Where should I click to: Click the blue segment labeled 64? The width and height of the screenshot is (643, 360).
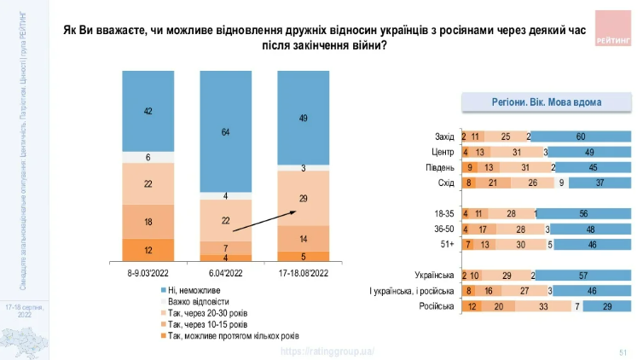[225, 132]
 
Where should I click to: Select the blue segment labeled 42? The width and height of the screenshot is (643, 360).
[148, 111]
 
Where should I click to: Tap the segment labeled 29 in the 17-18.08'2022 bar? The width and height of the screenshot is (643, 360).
[303, 198]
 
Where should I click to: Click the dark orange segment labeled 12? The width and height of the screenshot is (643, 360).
[148, 250]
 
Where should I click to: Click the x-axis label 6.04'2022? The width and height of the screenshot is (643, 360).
[225, 273]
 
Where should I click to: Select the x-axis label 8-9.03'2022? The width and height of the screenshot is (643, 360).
[148, 273]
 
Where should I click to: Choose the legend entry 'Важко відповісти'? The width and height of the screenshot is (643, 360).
[199, 302]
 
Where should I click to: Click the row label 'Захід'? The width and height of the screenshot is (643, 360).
[444, 136]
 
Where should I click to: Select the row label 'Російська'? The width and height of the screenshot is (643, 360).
[436, 305]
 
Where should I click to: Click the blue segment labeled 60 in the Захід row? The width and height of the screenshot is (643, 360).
[581, 136]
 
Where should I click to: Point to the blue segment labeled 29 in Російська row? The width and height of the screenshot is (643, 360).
[606, 305]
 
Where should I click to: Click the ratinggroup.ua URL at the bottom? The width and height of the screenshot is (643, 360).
[327, 351]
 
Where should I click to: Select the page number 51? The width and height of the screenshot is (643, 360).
[623, 351]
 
